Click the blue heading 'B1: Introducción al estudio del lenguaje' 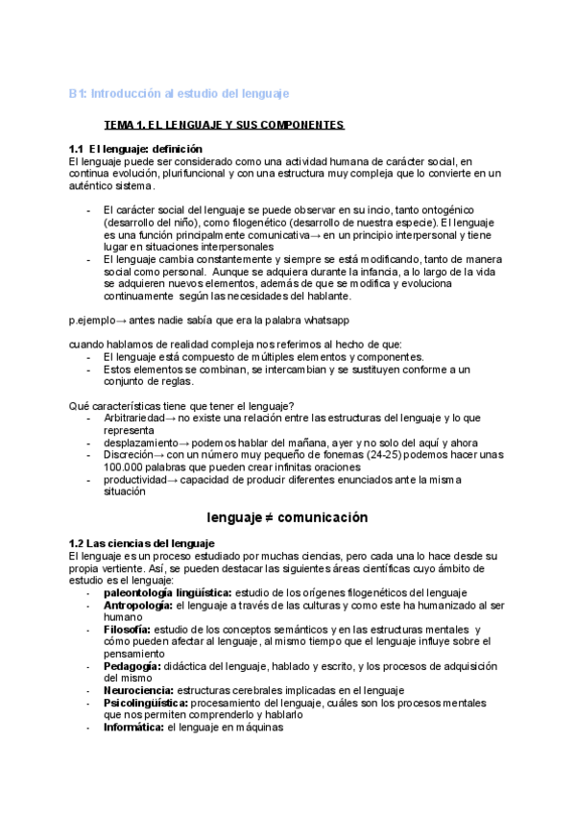(179, 93)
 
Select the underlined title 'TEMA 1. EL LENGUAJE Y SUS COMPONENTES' (224, 126)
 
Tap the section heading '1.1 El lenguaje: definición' (135, 149)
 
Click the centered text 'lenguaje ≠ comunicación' (287, 516)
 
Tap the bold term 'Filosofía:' (127, 630)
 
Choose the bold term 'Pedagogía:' (132, 665)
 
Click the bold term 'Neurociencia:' (138, 689)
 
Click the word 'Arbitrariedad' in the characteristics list (134, 419)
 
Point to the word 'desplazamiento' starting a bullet (140, 443)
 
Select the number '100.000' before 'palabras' (122, 467)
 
